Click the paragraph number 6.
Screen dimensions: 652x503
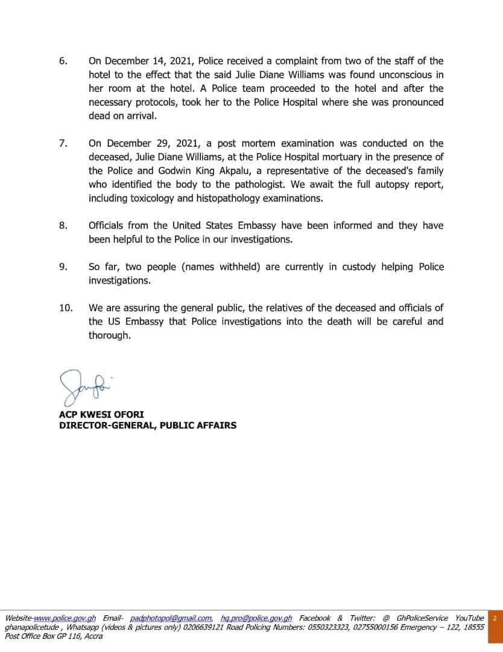(x=63, y=61)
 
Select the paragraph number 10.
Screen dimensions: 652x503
(x=66, y=308)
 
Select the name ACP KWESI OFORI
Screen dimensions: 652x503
(x=101, y=415)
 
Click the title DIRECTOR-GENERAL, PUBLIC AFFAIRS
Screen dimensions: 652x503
(x=148, y=426)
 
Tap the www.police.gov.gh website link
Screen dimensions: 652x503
(x=65, y=618)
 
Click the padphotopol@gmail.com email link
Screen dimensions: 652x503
(x=171, y=618)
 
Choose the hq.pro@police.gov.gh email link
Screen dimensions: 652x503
(x=256, y=618)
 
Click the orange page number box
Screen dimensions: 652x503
(x=495, y=618)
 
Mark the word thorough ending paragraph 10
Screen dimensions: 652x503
(x=109, y=336)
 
